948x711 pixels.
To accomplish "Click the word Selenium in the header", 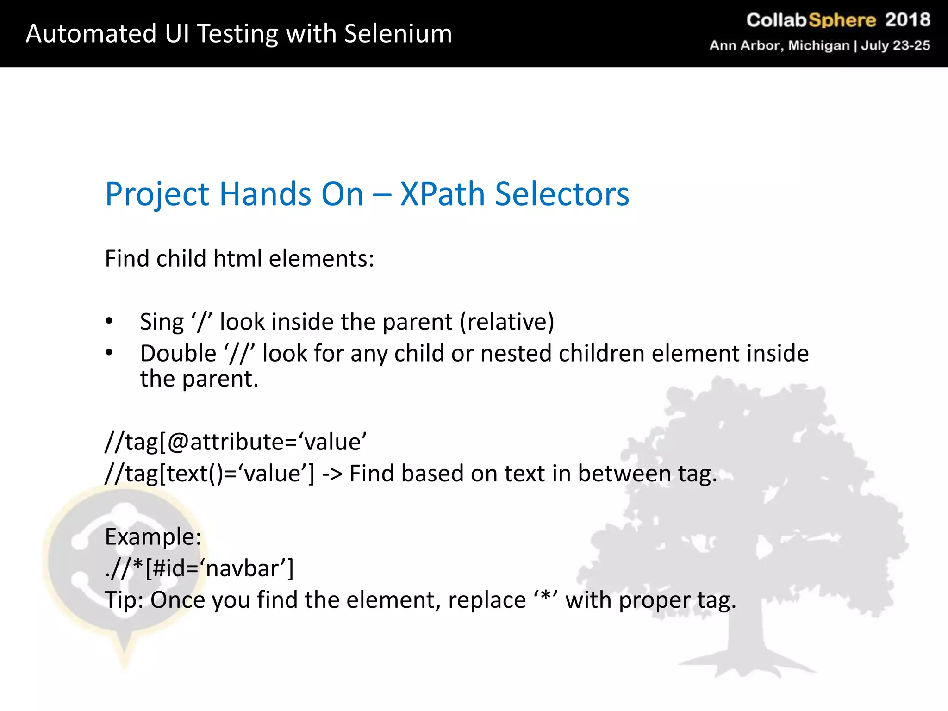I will [x=398, y=34].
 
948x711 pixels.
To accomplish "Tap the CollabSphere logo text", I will [x=811, y=20].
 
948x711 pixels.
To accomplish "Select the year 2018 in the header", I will [x=907, y=20].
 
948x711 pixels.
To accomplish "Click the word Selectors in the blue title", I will [x=562, y=193].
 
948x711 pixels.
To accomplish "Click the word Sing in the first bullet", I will [x=162, y=322].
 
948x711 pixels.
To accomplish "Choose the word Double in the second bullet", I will [x=178, y=354].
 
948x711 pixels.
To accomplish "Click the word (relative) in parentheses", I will [x=507, y=322].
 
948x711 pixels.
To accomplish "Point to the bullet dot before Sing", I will [x=109, y=321].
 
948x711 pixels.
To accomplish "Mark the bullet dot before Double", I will [x=109, y=353].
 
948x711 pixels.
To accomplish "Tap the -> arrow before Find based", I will [x=332, y=474].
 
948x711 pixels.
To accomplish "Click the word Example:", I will [x=153, y=537].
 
